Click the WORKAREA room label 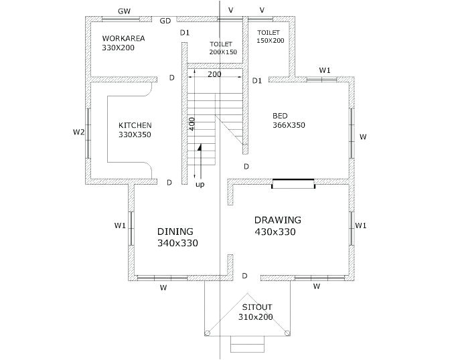(123, 38)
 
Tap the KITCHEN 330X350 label (135, 130)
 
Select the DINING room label (175, 232)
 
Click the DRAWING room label (278, 220)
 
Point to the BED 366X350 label (289, 120)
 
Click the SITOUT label (257, 307)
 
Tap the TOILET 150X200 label (271, 36)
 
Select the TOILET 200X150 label (223, 48)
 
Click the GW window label (125, 11)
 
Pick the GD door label (165, 21)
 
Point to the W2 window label (78, 132)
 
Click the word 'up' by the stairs (200, 185)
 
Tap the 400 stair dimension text (192, 124)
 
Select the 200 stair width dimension (214, 74)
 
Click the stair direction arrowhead (199, 147)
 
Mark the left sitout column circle (207, 333)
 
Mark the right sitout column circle (287, 333)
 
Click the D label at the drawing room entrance (244, 276)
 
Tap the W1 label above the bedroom (325, 70)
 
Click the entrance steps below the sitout (247, 344)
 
